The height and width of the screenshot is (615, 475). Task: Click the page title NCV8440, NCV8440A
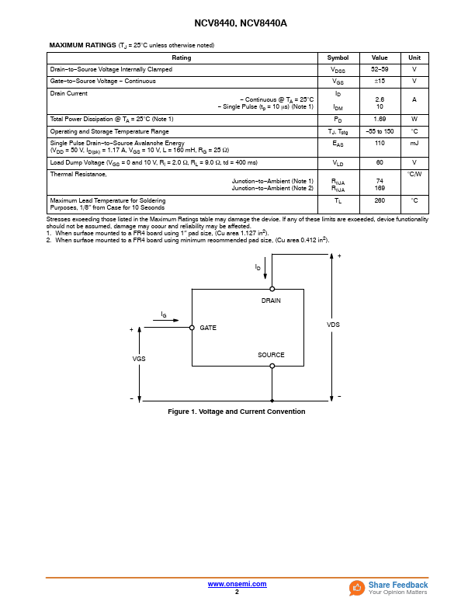pos(237,24)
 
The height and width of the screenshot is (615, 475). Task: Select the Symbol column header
pos(338,57)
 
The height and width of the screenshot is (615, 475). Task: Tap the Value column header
pos(380,57)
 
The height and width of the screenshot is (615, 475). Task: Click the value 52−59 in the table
pos(380,69)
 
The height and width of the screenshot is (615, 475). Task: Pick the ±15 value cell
pos(380,81)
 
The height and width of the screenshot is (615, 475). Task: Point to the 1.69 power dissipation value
pos(380,119)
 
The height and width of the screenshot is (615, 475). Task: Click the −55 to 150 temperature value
pos(380,131)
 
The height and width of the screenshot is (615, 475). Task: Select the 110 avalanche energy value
pos(380,143)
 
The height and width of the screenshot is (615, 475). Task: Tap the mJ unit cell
pos(414,143)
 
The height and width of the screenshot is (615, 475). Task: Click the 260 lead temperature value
pos(380,200)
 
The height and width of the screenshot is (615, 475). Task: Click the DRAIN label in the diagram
pos(271,301)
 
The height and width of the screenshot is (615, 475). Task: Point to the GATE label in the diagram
pos(208,328)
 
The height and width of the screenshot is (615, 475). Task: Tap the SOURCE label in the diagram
pos(271,355)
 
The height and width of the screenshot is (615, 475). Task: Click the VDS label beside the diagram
pos(333,325)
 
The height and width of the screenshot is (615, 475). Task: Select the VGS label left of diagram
pos(139,359)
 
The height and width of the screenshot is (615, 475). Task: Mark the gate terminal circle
pos(192,328)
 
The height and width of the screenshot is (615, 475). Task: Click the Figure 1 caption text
pos(237,412)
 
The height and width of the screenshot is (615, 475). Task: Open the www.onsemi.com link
pos(237,584)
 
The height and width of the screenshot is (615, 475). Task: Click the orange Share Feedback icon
pos(357,588)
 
